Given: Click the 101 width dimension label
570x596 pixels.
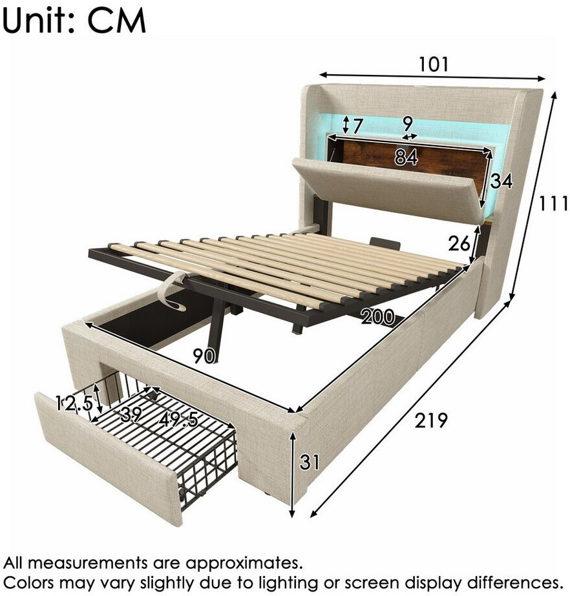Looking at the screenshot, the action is (x=434, y=64).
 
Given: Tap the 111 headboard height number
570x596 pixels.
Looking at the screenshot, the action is (x=554, y=205).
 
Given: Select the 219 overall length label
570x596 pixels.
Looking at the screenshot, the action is (x=431, y=420).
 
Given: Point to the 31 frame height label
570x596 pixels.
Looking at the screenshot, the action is (x=310, y=462).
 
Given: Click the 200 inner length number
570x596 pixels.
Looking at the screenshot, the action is (x=377, y=316).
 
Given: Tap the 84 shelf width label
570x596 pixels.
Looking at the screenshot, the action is (x=406, y=157).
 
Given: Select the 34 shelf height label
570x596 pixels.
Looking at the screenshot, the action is (x=501, y=181).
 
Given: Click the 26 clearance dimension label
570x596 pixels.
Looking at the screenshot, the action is (x=459, y=243).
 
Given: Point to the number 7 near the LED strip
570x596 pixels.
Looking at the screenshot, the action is (x=357, y=126).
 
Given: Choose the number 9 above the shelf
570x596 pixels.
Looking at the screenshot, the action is (x=407, y=123).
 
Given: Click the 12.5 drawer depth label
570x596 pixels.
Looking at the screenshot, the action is (x=74, y=403).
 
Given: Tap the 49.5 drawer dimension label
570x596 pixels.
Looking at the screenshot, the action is (x=179, y=419).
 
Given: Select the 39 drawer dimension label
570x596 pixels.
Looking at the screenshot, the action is (x=131, y=415).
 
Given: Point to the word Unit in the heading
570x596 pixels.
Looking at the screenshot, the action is (x=37, y=20).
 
